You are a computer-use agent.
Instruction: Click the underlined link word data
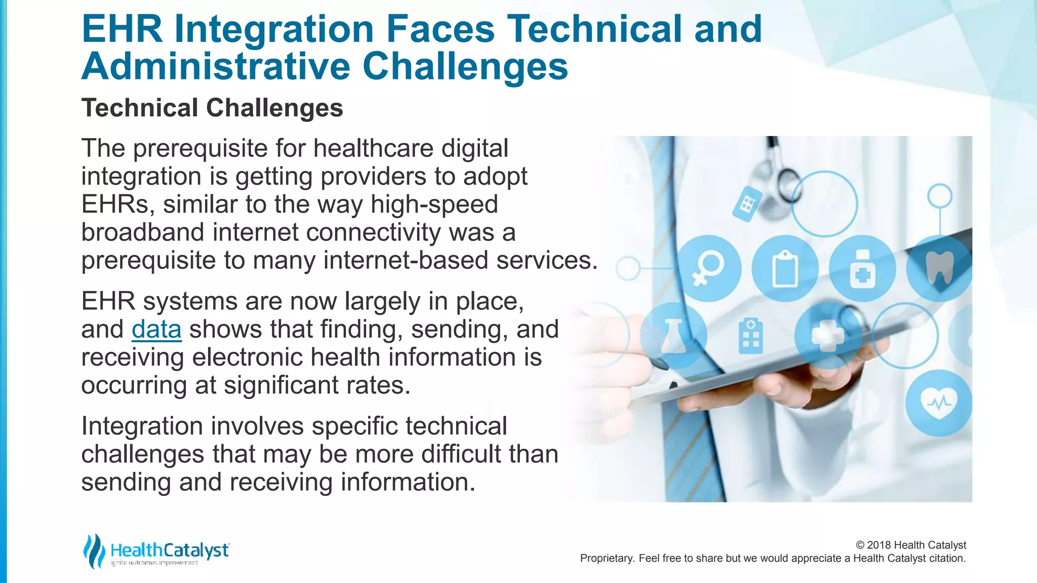(x=156, y=329)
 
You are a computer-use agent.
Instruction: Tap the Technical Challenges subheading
(x=212, y=108)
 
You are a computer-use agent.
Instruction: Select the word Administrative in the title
(x=216, y=66)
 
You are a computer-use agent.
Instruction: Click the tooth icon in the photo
(x=939, y=267)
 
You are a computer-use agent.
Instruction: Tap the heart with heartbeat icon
(x=938, y=403)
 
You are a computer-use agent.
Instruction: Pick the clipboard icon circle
(x=785, y=269)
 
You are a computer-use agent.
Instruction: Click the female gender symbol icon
(x=708, y=268)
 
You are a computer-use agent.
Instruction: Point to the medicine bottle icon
(x=862, y=269)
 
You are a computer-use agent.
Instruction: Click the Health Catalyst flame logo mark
(x=94, y=551)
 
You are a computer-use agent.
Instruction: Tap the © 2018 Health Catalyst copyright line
(x=910, y=545)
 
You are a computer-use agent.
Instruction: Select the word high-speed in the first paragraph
(x=434, y=204)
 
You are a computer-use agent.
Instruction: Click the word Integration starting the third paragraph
(x=142, y=426)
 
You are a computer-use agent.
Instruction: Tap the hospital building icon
(x=751, y=335)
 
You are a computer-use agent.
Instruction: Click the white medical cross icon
(x=827, y=336)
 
